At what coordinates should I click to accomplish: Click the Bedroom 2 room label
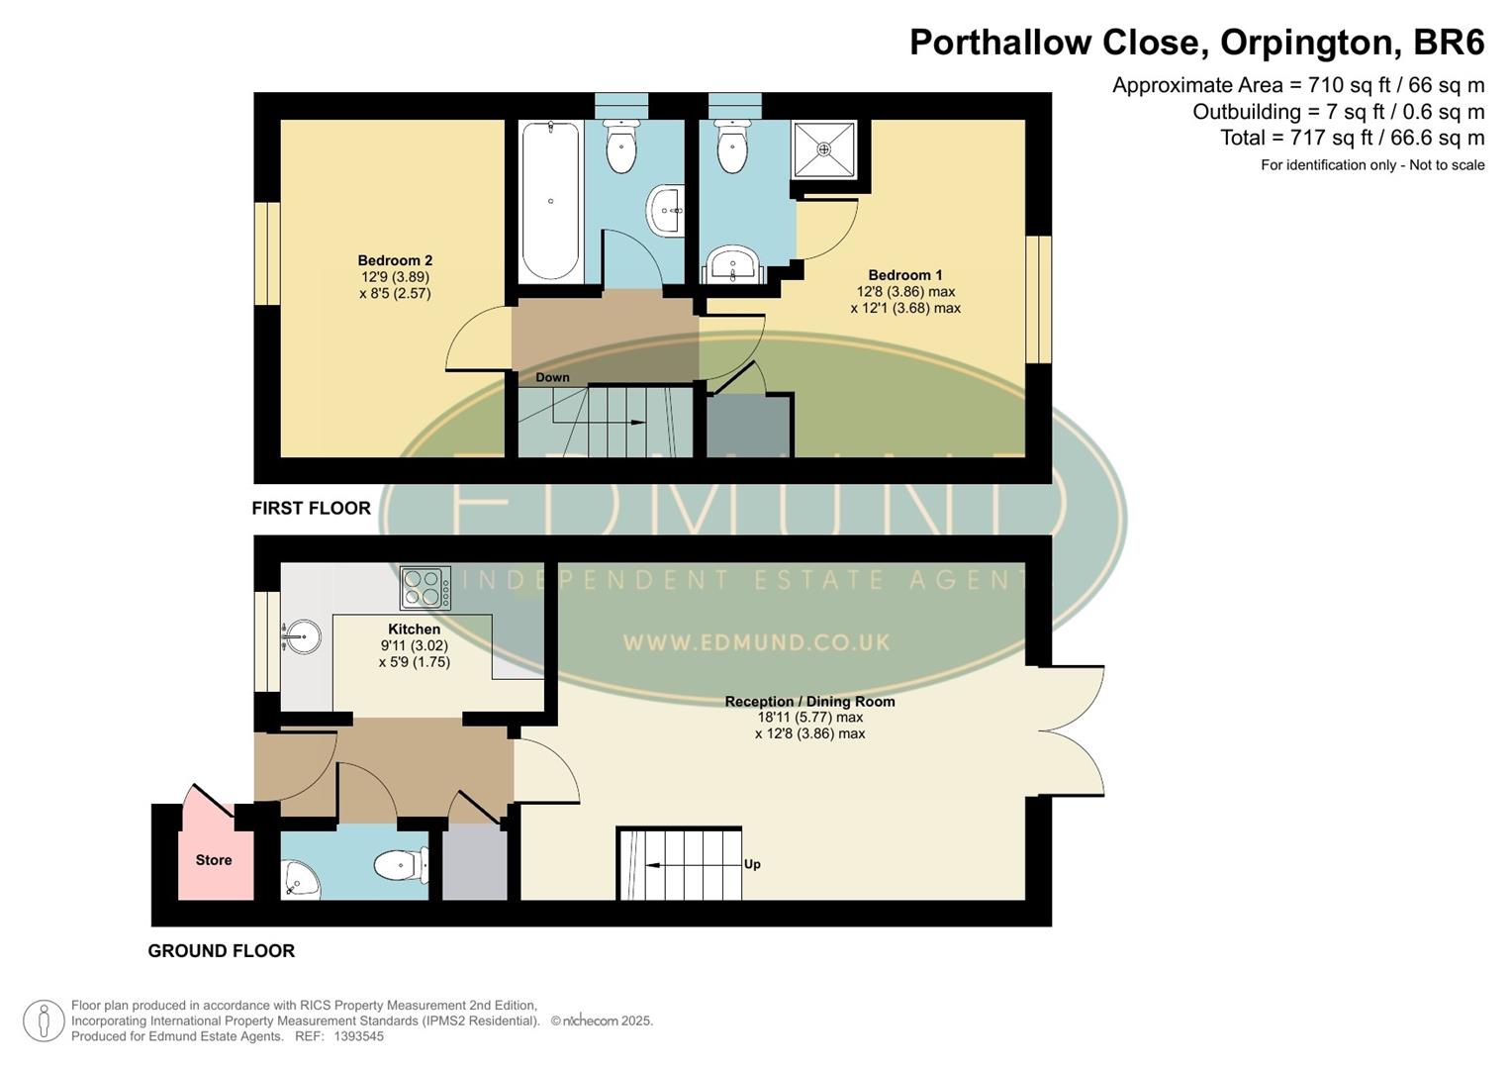point(395,261)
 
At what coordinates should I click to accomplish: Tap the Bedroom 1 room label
point(905,276)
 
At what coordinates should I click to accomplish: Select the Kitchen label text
point(414,630)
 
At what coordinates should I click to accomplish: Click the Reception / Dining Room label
point(809,702)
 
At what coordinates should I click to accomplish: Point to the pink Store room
point(214,859)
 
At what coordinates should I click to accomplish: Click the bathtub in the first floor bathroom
point(549,201)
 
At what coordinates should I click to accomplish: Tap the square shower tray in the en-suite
point(823,149)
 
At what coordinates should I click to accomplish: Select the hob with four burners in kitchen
point(425,587)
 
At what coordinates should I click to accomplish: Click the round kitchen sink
point(302,636)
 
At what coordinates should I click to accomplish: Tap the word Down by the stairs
point(552,377)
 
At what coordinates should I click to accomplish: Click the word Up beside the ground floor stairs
point(752,864)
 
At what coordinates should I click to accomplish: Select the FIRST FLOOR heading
point(311,508)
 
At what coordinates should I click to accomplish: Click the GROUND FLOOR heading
point(221,950)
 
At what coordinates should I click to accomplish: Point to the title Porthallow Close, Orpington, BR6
point(1196,43)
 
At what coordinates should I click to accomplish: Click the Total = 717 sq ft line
point(1352,138)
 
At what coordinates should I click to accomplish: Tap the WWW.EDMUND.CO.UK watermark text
point(756,642)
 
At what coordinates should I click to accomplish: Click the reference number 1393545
point(359,1036)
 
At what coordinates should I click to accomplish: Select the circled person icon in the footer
point(44,1020)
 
